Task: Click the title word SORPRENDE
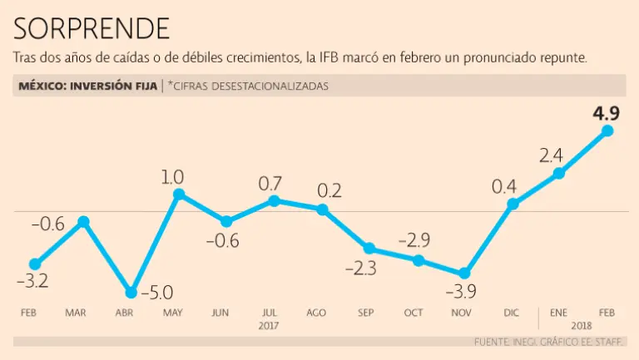92,28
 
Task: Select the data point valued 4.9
607,131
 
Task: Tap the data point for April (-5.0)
131,293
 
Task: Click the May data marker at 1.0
178,194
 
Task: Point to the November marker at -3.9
464,274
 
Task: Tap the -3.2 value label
32,281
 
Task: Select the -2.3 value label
360,268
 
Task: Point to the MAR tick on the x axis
76,313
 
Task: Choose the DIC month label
513,313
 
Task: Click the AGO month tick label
316,313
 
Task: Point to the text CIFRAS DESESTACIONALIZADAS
250,86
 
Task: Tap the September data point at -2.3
369,248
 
